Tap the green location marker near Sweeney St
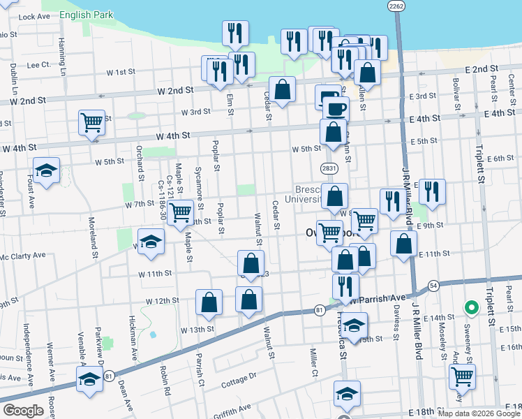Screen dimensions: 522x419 pos(471,307)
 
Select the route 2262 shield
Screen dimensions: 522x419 pos(396,6)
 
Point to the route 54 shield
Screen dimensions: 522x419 pos(433,286)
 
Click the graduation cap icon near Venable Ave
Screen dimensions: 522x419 pos(89,380)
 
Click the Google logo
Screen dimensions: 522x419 pos(23,411)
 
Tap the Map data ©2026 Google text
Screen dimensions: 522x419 pos(478,413)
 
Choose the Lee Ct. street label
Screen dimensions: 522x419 pos(38,64)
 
